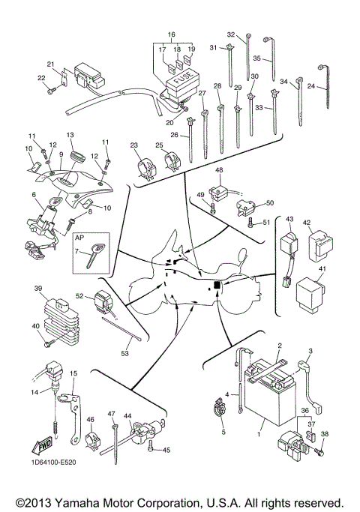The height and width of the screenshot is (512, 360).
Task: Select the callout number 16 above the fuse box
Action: [171, 35]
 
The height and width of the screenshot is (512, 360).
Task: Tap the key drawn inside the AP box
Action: [95, 254]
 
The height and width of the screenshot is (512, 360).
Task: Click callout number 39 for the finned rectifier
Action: [37, 288]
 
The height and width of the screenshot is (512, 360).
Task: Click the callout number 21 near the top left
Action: [51, 64]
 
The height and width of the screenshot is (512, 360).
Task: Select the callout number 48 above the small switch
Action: [220, 172]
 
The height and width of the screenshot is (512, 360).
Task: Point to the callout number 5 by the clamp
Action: [223, 433]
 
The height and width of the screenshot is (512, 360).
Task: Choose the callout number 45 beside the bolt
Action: [167, 450]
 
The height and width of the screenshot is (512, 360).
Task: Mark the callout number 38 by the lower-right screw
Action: [325, 434]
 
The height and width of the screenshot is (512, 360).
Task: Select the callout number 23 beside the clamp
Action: [134, 145]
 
